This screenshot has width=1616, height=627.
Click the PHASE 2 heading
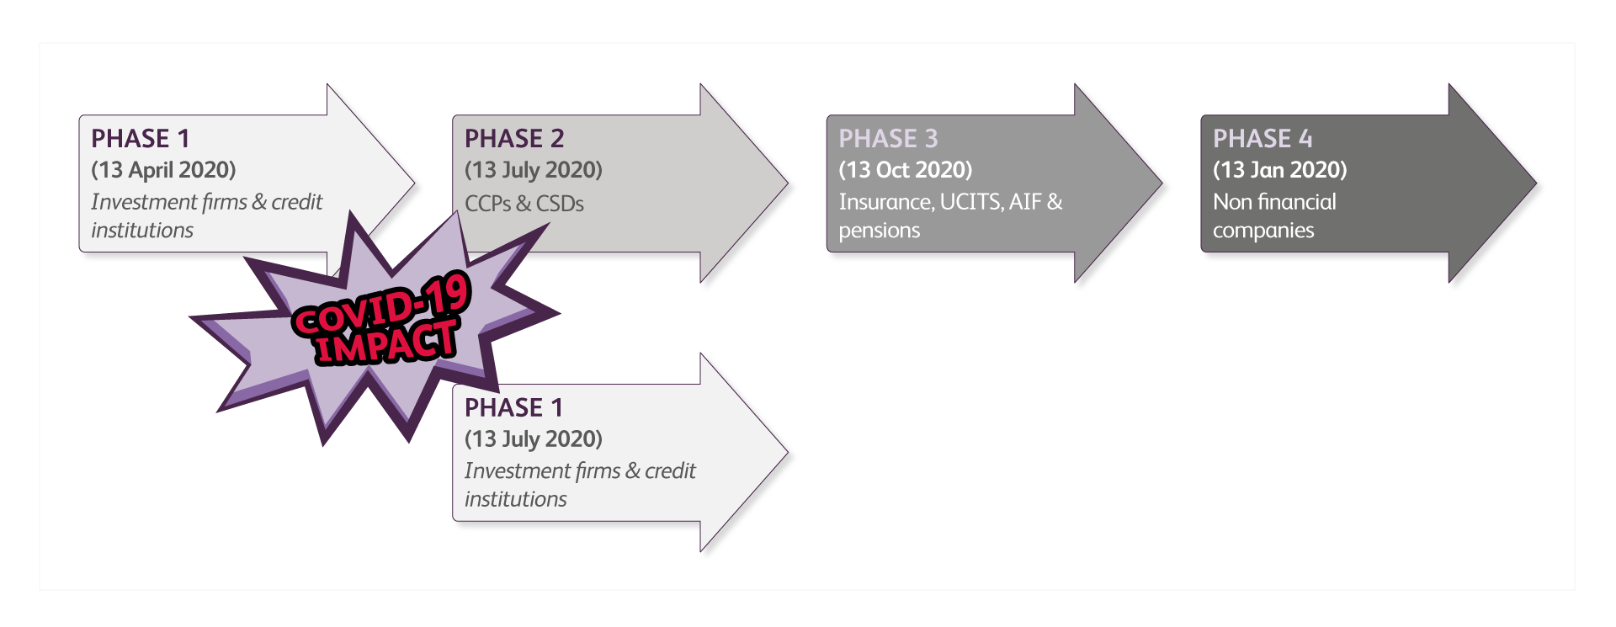(x=514, y=139)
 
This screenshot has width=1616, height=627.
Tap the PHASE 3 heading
(x=888, y=139)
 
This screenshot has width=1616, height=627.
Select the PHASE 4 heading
(x=1262, y=139)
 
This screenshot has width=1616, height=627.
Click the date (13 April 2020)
(x=163, y=170)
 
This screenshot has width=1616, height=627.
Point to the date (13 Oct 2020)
(x=906, y=170)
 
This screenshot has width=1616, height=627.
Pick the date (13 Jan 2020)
(x=1279, y=170)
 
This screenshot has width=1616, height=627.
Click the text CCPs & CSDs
(x=524, y=204)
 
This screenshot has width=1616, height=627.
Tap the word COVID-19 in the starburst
(x=380, y=305)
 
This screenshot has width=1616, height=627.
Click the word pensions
(x=880, y=231)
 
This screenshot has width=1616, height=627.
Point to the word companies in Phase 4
(x=1263, y=231)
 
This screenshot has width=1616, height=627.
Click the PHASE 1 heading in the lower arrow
(x=513, y=408)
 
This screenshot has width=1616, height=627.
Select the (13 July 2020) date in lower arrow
(x=534, y=439)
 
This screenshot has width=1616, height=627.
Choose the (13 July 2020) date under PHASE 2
(x=534, y=170)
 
